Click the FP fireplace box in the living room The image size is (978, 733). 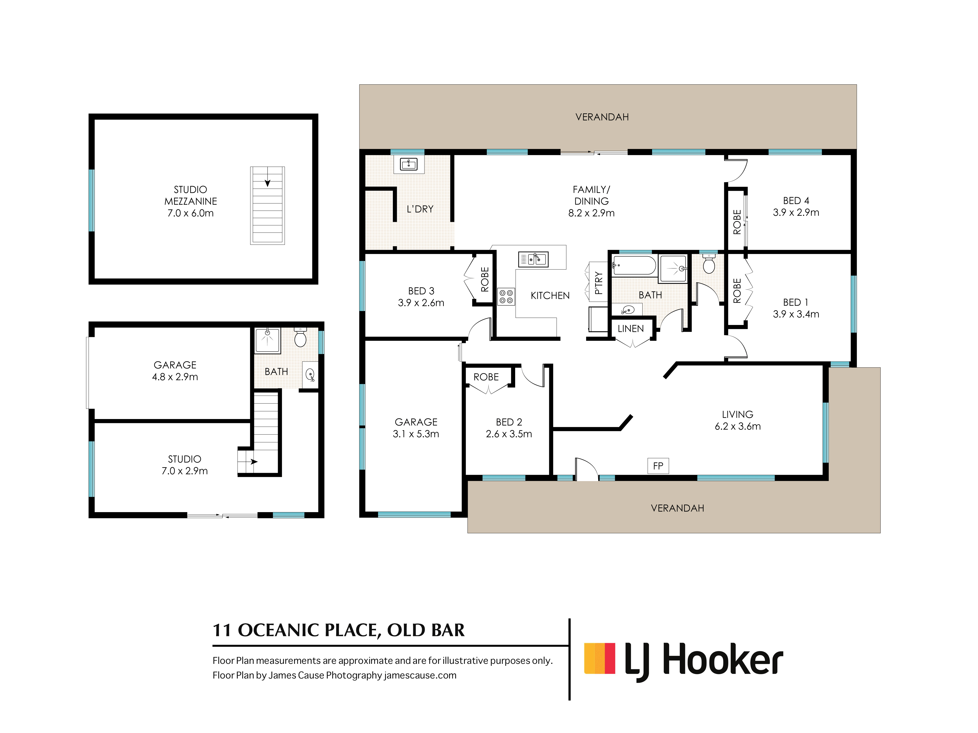coord(658,466)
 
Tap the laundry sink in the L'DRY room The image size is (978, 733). coord(409,164)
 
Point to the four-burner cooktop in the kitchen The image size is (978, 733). coord(506,296)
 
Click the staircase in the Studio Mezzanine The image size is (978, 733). coord(267,205)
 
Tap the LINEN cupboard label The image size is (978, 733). coord(631,329)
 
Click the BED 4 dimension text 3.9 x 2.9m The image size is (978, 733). coord(796,213)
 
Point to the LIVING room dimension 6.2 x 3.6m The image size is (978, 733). coord(737,426)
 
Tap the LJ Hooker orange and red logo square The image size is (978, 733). coord(600,658)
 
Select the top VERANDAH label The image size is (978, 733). coord(602,117)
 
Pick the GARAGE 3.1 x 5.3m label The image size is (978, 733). coord(416,428)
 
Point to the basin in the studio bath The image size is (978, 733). coord(310,375)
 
